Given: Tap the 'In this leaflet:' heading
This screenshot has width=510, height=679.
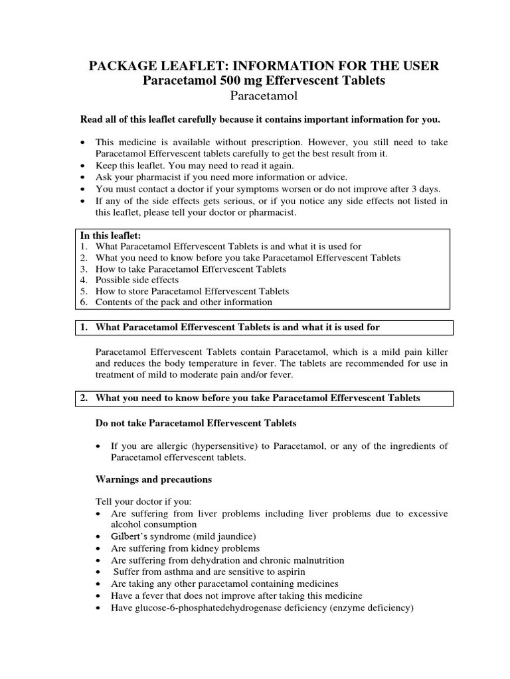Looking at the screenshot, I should [x=110, y=235].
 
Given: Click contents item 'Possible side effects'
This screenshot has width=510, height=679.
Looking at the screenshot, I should [x=137, y=280].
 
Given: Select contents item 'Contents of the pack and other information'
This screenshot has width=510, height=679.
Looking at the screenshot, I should [x=183, y=302].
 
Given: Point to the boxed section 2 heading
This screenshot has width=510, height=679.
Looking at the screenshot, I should [x=257, y=398].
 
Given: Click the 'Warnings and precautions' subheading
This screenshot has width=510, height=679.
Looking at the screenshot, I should [x=154, y=478].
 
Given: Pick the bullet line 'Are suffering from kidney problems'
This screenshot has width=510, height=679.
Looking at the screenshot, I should [x=177, y=548].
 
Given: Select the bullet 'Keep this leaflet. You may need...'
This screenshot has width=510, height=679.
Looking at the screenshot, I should [x=194, y=165].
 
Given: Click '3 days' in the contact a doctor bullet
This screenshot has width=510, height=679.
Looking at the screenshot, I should [x=426, y=189].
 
